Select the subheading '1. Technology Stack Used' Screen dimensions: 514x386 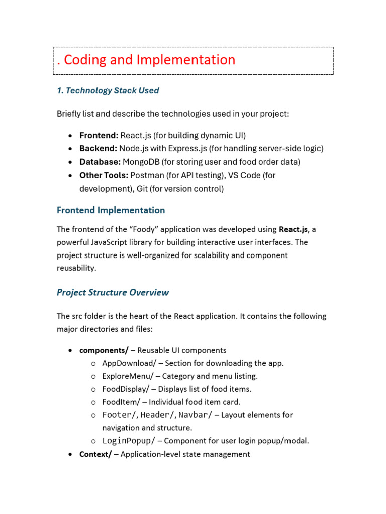(108, 91)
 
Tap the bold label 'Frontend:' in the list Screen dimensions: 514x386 (99, 135)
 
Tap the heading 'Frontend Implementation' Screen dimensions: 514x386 (111, 210)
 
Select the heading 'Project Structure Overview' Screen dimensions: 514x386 (113, 292)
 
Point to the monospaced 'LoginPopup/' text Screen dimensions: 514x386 (130, 441)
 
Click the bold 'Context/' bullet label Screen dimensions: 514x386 (95, 454)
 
